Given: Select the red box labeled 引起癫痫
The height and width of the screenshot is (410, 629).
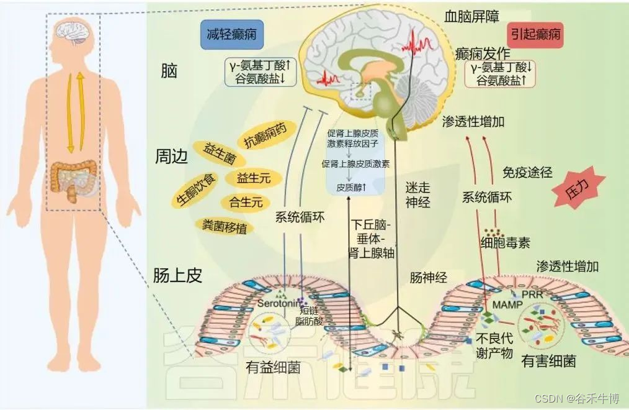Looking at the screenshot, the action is (535, 34).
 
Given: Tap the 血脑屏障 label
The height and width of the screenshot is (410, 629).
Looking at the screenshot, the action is (471, 16).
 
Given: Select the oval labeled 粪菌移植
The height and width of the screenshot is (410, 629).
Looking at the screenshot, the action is (221, 226).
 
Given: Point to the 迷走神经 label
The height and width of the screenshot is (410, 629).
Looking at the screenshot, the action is (417, 193).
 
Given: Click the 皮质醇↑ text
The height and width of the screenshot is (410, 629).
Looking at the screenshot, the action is (351, 186).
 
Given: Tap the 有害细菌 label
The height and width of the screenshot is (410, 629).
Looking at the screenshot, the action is (548, 360).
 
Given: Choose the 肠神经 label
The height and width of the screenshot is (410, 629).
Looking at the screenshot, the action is (428, 276).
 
